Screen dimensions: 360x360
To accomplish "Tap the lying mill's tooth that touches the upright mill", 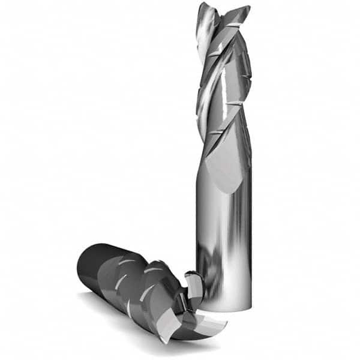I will (x=192, y=282).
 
